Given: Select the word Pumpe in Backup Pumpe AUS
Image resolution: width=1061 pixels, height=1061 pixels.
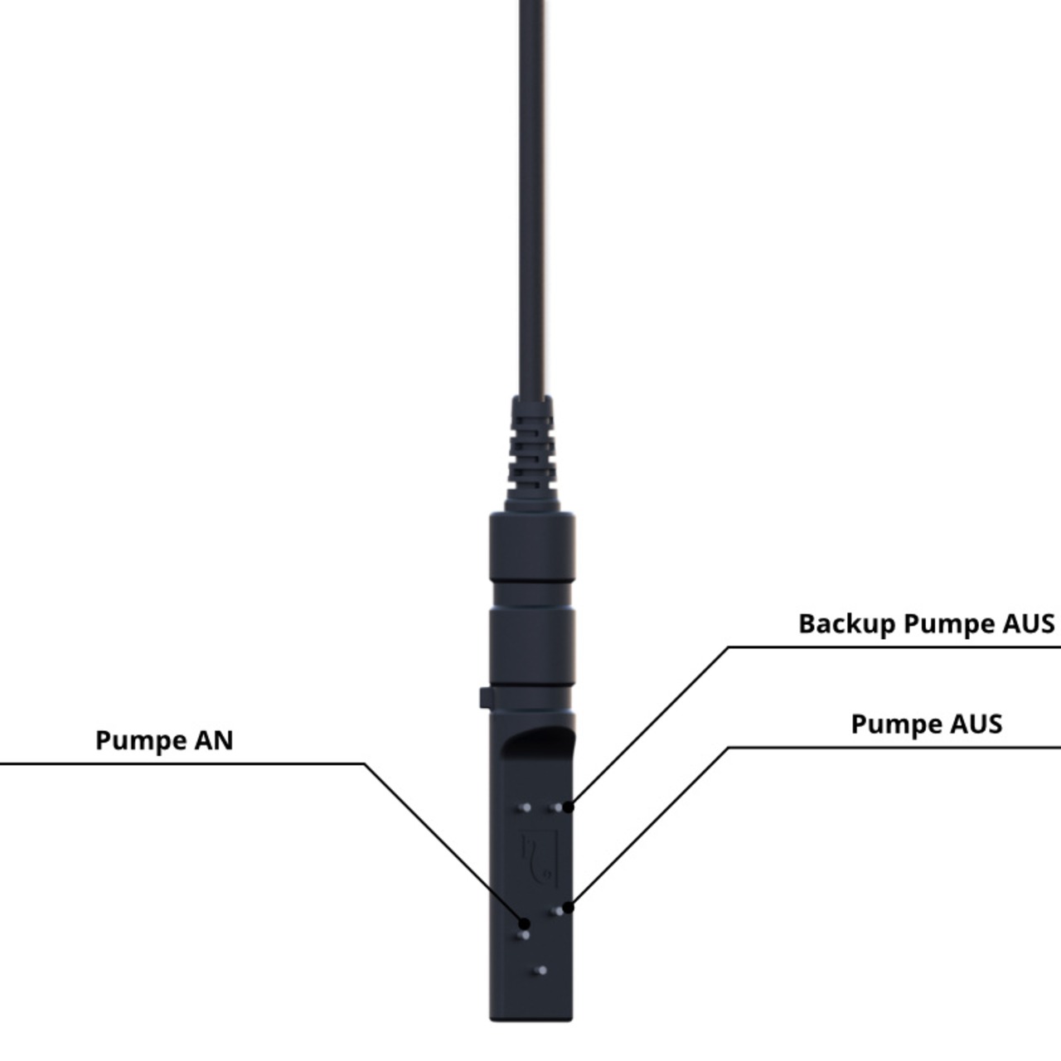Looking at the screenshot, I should click(x=949, y=623).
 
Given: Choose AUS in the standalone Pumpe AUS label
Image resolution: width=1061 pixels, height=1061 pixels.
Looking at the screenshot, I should click(x=976, y=724).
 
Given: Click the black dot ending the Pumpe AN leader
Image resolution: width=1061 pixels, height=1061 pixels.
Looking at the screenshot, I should click(x=524, y=923).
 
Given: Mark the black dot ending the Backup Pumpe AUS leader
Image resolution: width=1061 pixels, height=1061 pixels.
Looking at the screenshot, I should click(x=569, y=807).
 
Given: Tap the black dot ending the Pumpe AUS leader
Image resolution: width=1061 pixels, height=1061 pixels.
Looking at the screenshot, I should click(x=569, y=908).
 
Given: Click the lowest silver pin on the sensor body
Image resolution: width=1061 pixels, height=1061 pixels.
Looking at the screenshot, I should click(x=541, y=970).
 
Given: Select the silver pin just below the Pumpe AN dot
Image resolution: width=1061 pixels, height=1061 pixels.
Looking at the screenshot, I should click(x=523, y=936).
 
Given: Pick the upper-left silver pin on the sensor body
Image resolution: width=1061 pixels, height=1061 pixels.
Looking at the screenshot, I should click(x=525, y=807).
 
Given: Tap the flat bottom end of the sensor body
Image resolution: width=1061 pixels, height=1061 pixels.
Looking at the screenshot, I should click(x=531, y=1016).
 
